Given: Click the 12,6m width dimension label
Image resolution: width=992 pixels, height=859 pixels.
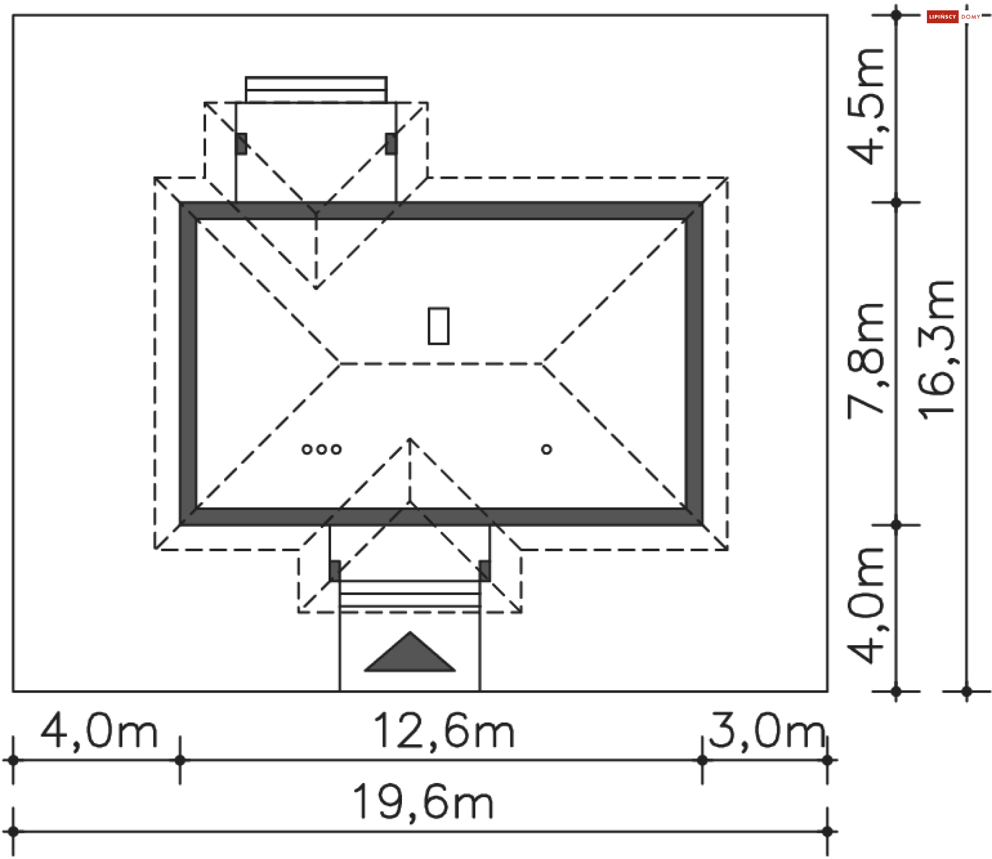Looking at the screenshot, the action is (x=444, y=731).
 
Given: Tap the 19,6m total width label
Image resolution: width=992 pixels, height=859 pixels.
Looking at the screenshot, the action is (x=423, y=802).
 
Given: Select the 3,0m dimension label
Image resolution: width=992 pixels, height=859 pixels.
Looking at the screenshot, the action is (x=767, y=731).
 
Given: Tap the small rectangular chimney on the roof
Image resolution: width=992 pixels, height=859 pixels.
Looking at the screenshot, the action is (x=439, y=325).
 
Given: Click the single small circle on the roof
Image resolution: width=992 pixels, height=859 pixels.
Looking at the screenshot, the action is (x=547, y=449).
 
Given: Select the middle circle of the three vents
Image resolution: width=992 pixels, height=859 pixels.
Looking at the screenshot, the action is (x=321, y=449).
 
